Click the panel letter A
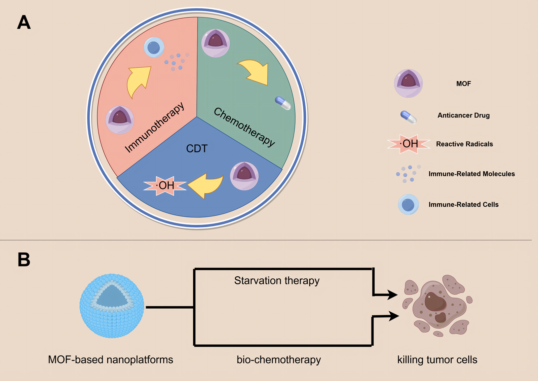[24, 23]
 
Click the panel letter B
[24, 260]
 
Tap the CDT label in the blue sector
[197, 148]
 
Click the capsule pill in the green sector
[283, 103]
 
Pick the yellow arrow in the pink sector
[138, 81]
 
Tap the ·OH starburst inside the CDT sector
[165, 185]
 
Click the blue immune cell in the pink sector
[154, 47]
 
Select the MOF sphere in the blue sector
[244, 176]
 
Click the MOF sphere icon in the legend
[408, 83]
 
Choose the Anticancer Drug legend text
[463, 115]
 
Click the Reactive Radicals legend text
[464, 144]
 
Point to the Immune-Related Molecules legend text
[471, 174]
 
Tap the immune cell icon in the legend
[408, 205]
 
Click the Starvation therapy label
[277, 280]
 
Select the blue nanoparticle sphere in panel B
[112, 306]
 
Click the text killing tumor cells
[437, 359]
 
